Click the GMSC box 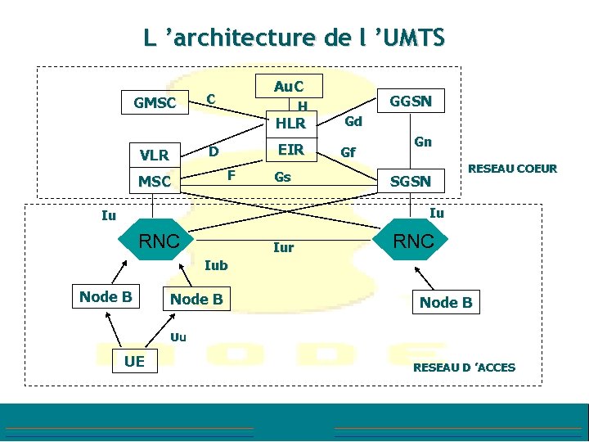[155, 103]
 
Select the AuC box [289, 86]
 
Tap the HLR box [290, 124]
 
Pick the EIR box [290, 150]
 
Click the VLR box [154, 155]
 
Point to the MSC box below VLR [154, 181]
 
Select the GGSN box [411, 101]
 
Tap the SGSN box [411, 181]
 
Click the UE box [128, 361]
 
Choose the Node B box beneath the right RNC [445, 302]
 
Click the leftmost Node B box [106, 296]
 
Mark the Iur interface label [283, 247]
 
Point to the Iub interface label [216, 265]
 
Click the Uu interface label [178, 336]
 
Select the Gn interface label [423, 142]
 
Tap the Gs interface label [282, 177]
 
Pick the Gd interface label [353, 122]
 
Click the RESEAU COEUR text [512, 169]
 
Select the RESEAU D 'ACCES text [464, 368]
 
